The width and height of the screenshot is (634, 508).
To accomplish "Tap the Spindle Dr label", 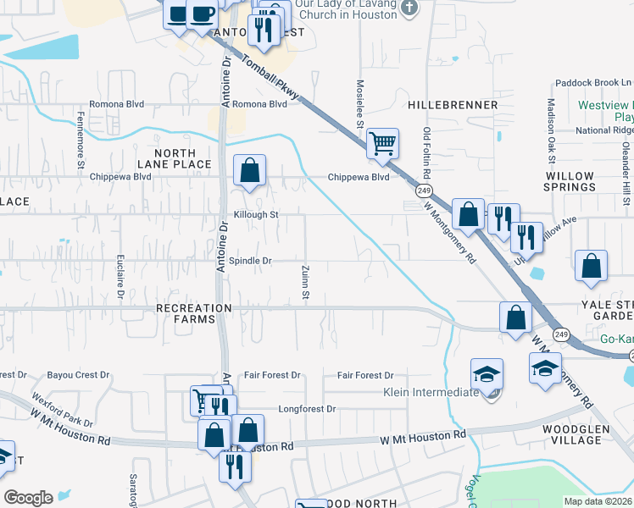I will pyautogui.click(x=249, y=261).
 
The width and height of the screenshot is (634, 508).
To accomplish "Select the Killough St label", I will pyautogui.click(x=256, y=215).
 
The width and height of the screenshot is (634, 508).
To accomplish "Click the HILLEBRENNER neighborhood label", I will pyautogui.click(x=453, y=104).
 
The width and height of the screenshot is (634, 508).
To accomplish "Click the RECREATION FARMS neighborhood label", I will pyautogui.click(x=194, y=314).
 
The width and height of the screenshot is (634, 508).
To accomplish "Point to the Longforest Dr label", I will pyautogui.click(x=307, y=408).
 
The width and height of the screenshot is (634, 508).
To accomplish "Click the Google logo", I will pyautogui.click(x=28, y=497).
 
